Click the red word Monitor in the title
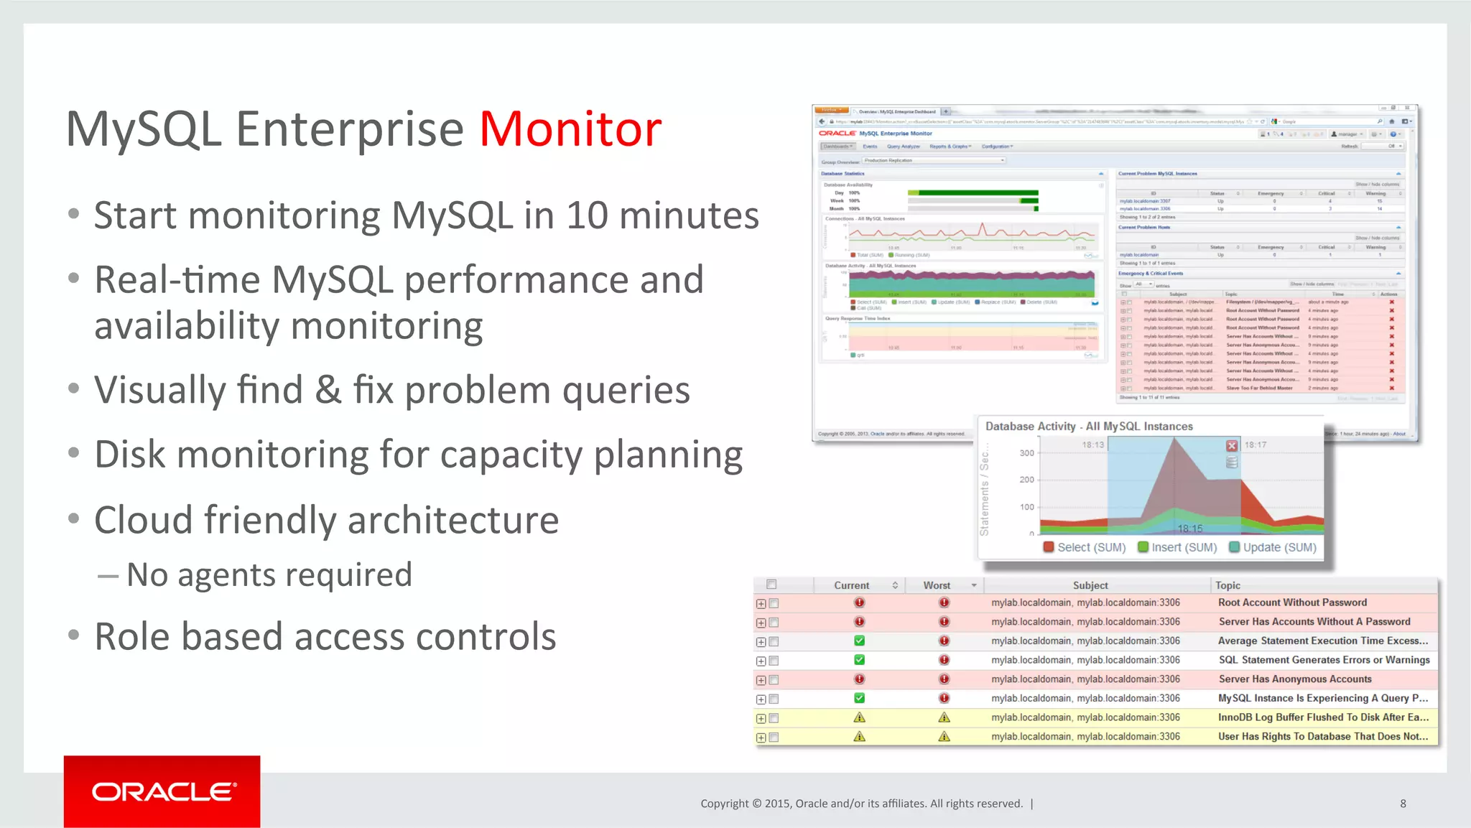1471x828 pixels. click(570, 130)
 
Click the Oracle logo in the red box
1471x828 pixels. click(162, 792)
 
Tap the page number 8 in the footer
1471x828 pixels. click(1403, 804)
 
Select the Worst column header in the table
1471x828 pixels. click(937, 585)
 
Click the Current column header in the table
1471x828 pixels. click(852, 585)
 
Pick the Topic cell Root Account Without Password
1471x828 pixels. click(1292, 603)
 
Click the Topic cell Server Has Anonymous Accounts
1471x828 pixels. click(1294, 679)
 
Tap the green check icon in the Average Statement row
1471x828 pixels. click(859, 641)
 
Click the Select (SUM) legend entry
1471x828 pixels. click(1085, 547)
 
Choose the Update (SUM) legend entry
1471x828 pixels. click(1273, 547)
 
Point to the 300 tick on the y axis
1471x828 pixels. click(1026, 453)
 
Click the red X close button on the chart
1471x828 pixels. click(1231, 446)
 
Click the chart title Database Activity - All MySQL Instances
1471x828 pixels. click(1089, 427)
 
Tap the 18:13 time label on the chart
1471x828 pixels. click(1092, 445)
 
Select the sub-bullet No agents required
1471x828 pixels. click(269, 575)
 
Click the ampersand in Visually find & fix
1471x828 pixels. click(328, 390)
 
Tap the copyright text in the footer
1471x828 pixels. click(861, 804)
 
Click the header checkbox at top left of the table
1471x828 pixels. click(771, 585)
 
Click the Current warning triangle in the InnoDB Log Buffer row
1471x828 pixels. click(859, 717)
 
